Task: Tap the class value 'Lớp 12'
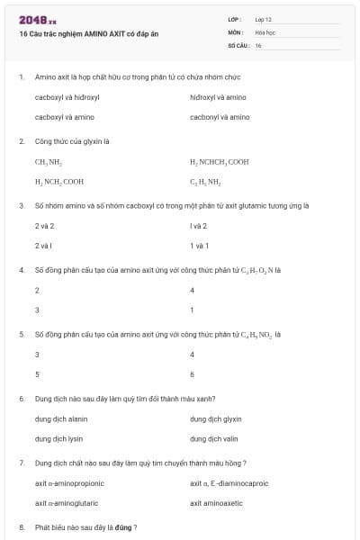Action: [264, 19]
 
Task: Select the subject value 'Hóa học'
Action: [265, 31]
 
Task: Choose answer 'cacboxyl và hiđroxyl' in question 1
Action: [67, 96]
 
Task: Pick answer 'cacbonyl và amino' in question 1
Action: [220, 117]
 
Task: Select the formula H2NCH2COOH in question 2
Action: [59, 182]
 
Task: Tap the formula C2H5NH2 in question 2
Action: [205, 182]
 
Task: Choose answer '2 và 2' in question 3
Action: [44, 226]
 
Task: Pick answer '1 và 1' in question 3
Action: [199, 246]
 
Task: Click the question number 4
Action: [21, 270]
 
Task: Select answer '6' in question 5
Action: [193, 374]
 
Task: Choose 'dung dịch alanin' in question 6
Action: [61, 418]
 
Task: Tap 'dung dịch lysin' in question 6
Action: [59, 439]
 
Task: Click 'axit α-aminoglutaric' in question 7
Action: [67, 503]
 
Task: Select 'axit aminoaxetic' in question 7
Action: [216, 503]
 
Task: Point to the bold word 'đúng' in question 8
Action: [121, 526]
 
